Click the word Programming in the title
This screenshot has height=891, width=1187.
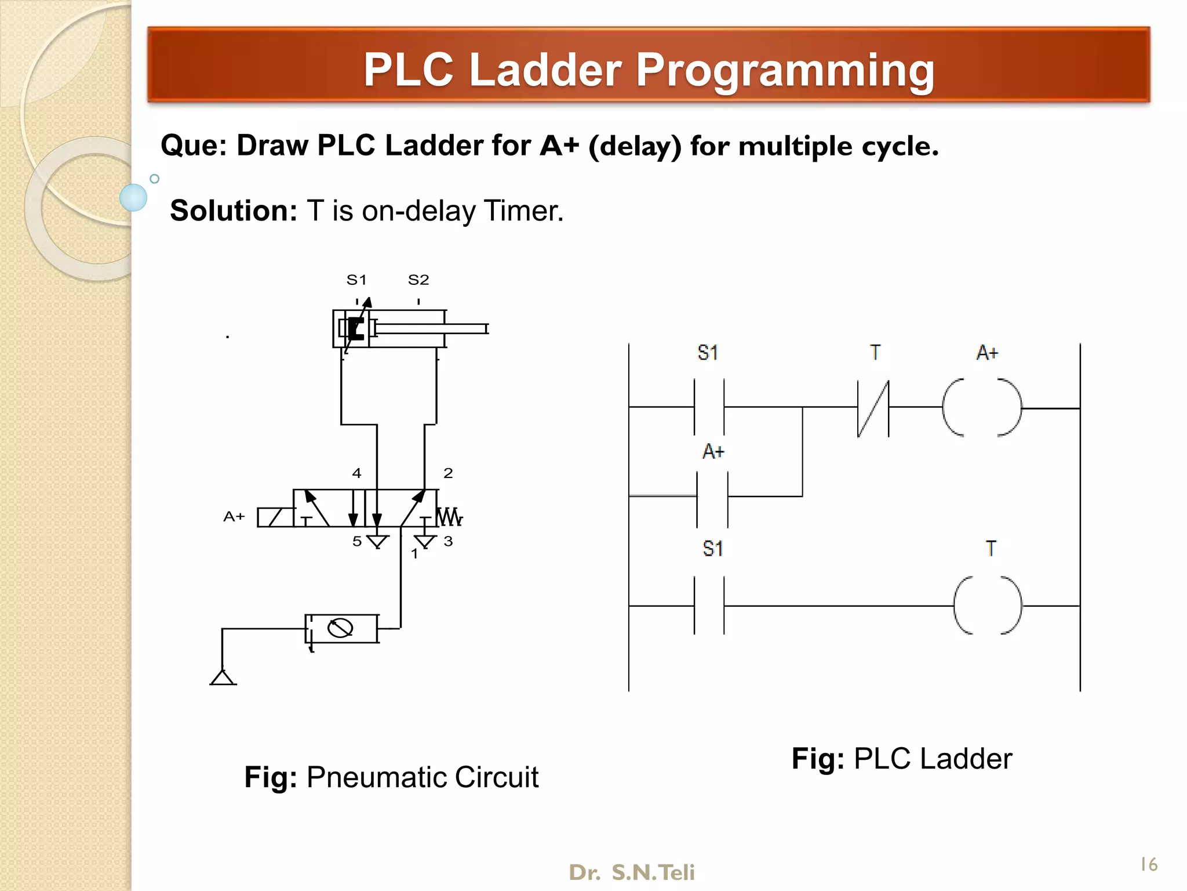785,70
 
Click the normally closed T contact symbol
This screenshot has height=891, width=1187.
873,408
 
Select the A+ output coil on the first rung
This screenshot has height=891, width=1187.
982,408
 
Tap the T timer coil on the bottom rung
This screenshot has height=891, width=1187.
988,605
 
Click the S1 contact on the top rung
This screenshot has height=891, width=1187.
709,407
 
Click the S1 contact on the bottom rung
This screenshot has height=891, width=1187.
709,606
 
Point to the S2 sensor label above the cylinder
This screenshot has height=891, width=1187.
418,280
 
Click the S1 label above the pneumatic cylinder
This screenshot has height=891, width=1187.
356,280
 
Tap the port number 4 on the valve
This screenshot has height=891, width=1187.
356,473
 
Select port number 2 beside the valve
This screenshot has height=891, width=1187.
448,473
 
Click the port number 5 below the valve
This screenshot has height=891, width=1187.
357,541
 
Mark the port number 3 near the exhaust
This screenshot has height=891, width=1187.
448,541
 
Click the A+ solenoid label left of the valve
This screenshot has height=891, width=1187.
234,516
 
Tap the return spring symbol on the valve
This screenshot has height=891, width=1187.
450,516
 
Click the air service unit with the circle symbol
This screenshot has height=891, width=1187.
341,628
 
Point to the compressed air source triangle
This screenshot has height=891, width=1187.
223,678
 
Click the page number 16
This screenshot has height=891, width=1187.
1148,864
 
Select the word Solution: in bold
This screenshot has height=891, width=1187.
233,211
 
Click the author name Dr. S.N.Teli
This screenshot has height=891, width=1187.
631,872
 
